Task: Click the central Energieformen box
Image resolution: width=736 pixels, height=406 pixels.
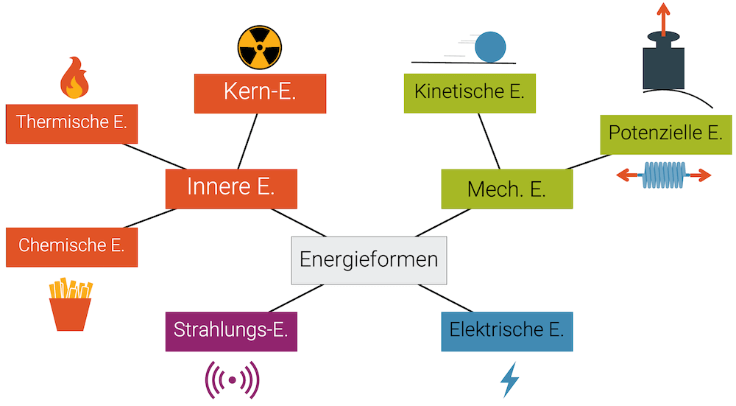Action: pos(369,260)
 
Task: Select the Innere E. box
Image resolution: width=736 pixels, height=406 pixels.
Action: pos(231,189)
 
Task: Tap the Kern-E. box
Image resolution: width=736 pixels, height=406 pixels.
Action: pos(260,93)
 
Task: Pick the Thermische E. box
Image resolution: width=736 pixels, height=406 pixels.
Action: pos(71,122)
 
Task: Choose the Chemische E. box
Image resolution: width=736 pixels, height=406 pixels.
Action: pos(71,246)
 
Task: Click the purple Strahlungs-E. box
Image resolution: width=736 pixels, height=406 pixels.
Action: pos(231,330)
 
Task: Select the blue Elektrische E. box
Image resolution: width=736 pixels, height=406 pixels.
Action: pos(506,331)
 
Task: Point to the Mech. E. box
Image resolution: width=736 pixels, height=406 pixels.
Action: pos(506,189)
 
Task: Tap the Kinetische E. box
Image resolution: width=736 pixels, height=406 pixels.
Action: pos(470,93)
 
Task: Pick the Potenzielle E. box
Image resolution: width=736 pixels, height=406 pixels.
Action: pos(665,134)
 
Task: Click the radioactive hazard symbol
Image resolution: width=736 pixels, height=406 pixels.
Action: pos(260,47)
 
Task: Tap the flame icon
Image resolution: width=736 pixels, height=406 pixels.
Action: pos(74,78)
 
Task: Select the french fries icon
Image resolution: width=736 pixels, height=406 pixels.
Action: pos(70,304)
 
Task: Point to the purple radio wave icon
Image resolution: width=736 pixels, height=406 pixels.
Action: pos(232,380)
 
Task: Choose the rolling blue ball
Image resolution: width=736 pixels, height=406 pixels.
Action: pos(490,46)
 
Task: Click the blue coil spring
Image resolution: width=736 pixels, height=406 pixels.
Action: pos(664,175)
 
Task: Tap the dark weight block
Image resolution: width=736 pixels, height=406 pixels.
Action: pos(663,69)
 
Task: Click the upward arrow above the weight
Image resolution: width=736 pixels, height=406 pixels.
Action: pos(663,18)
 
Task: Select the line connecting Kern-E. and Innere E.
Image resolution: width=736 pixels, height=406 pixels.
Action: pos(247,141)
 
